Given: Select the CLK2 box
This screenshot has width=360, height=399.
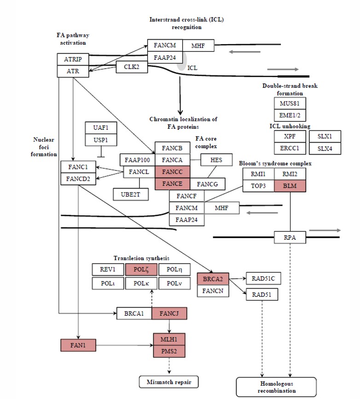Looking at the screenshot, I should point(128,67).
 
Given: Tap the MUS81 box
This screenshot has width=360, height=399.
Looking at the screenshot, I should point(290,103).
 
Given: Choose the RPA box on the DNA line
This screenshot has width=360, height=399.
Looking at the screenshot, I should point(290,237).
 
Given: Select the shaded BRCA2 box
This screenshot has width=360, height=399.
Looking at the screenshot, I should point(213,279).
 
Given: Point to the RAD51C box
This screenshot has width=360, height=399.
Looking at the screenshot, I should point(263,278).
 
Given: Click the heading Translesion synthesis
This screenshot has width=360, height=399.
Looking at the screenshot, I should point(141,259).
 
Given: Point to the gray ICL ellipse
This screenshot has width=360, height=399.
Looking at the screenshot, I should point(182,62).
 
